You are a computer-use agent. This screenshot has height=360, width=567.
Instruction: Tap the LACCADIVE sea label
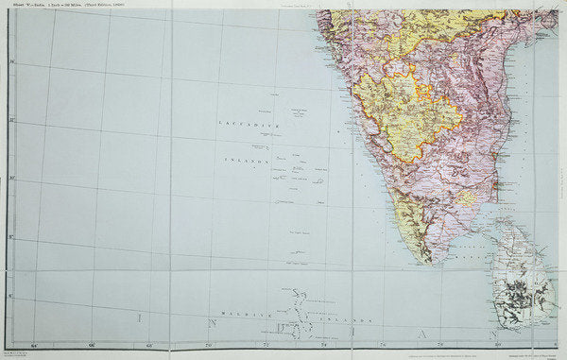point(245,124)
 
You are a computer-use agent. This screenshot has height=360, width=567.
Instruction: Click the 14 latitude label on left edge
point(12,64)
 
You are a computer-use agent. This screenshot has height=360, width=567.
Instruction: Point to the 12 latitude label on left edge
point(12,121)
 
